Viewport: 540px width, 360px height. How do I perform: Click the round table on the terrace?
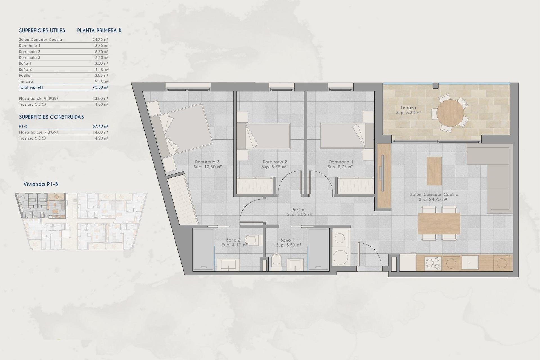(450, 113)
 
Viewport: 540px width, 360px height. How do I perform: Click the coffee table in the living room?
(434, 171)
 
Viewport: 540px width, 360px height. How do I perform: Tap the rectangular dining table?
(439, 224)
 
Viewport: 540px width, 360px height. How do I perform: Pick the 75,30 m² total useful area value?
(100, 87)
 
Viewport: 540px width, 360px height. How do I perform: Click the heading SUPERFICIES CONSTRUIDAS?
(51, 117)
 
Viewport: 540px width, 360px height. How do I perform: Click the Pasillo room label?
(298, 210)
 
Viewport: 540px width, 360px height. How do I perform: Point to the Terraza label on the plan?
(408, 107)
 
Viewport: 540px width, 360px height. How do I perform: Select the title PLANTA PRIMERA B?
(99, 30)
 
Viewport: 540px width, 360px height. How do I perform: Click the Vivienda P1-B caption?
(41, 184)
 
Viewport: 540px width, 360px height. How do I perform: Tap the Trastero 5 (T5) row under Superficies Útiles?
(32, 104)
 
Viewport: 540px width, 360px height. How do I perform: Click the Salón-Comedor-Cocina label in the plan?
(434, 194)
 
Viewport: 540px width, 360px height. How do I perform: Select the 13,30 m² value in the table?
(100, 57)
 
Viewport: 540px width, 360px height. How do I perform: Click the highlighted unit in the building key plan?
(42, 205)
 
